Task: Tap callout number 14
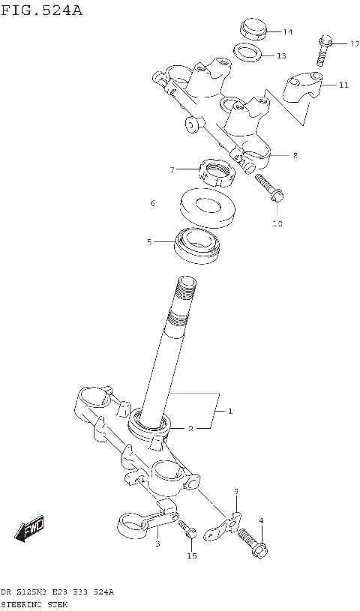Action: (288, 31)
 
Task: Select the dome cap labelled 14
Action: (254, 29)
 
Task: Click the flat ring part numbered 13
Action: (246, 52)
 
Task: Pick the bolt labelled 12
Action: (325, 49)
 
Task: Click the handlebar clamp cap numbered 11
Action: (304, 88)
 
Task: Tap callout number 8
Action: (295, 156)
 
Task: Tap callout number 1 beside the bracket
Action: (230, 411)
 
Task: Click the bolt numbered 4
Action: (253, 541)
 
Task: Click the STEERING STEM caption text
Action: (37, 602)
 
